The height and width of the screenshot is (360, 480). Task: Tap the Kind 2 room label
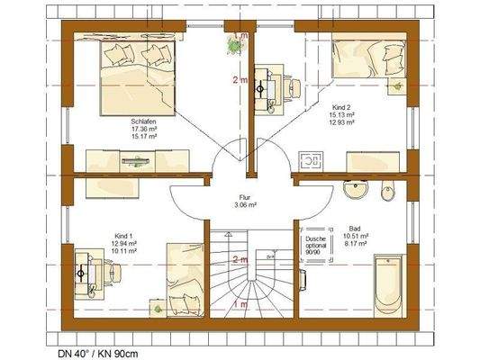[342, 106]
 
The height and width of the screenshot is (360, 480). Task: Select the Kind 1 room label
[123, 232]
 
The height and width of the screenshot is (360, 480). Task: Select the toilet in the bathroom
[388, 190]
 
